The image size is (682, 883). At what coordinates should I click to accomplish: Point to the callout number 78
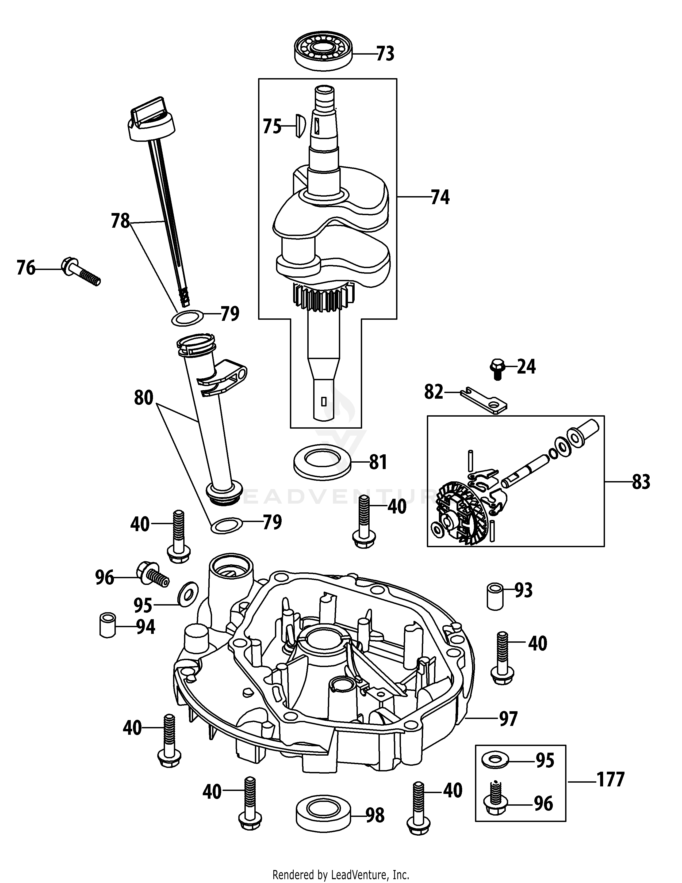[120, 221]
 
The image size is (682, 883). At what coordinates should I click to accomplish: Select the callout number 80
[144, 398]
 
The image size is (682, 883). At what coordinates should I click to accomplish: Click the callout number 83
[641, 482]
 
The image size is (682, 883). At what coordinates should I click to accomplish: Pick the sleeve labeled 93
[493, 596]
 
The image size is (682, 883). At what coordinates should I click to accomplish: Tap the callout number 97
[508, 719]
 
